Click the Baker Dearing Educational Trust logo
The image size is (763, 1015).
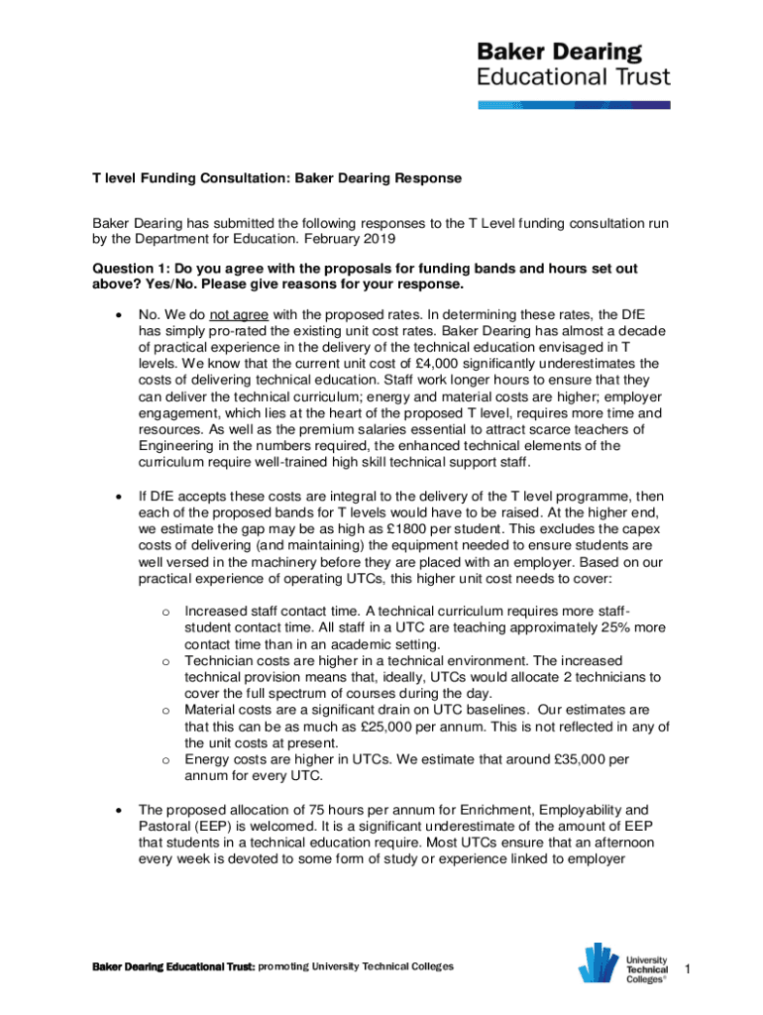point(575,64)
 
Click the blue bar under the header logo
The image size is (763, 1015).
point(575,104)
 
